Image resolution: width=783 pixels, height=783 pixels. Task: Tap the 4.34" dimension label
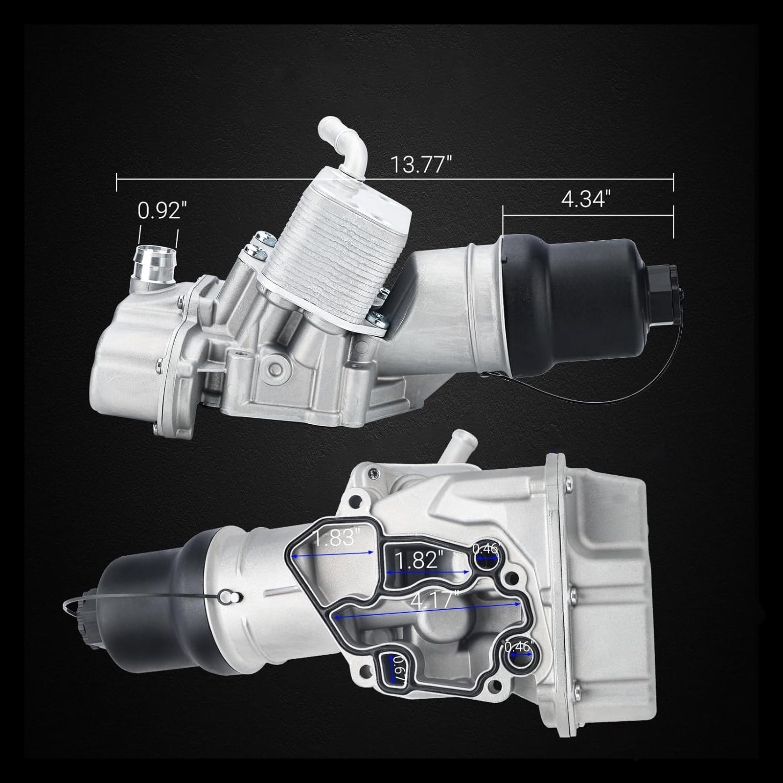tap(586, 199)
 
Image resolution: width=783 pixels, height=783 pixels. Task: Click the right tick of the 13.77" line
tap(673, 182)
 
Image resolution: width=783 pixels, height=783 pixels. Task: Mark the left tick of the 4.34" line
tap(503, 222)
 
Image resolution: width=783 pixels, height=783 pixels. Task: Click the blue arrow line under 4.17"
tap(426, 611)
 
